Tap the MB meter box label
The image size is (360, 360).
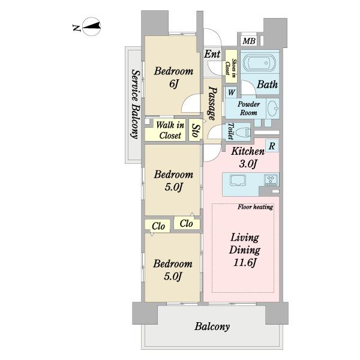coord(249,41)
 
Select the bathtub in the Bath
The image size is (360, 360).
coord(259,62)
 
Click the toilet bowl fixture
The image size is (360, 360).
coord(243,133)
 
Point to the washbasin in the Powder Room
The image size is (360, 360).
coord(274,109)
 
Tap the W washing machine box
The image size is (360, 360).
coord(231,92)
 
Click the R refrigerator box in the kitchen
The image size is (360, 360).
coord(272,146)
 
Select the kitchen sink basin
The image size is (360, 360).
coord(238,180)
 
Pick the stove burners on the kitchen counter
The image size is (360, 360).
coord(271,179)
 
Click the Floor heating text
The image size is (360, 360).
coord(256,207)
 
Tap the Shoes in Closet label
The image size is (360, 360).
coord(231,67)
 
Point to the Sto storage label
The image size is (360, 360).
coord(196,130)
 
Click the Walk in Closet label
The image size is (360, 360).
coord(170,130)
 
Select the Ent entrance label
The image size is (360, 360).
coord(212,54)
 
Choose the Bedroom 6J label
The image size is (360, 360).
coord(173,77)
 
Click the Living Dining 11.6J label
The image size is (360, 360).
coord(245,250)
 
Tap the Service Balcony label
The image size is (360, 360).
coord(136,104)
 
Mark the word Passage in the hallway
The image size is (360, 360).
coord(212,103)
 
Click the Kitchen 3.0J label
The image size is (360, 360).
coord(248,157)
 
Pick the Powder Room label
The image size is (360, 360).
coord(248,109)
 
